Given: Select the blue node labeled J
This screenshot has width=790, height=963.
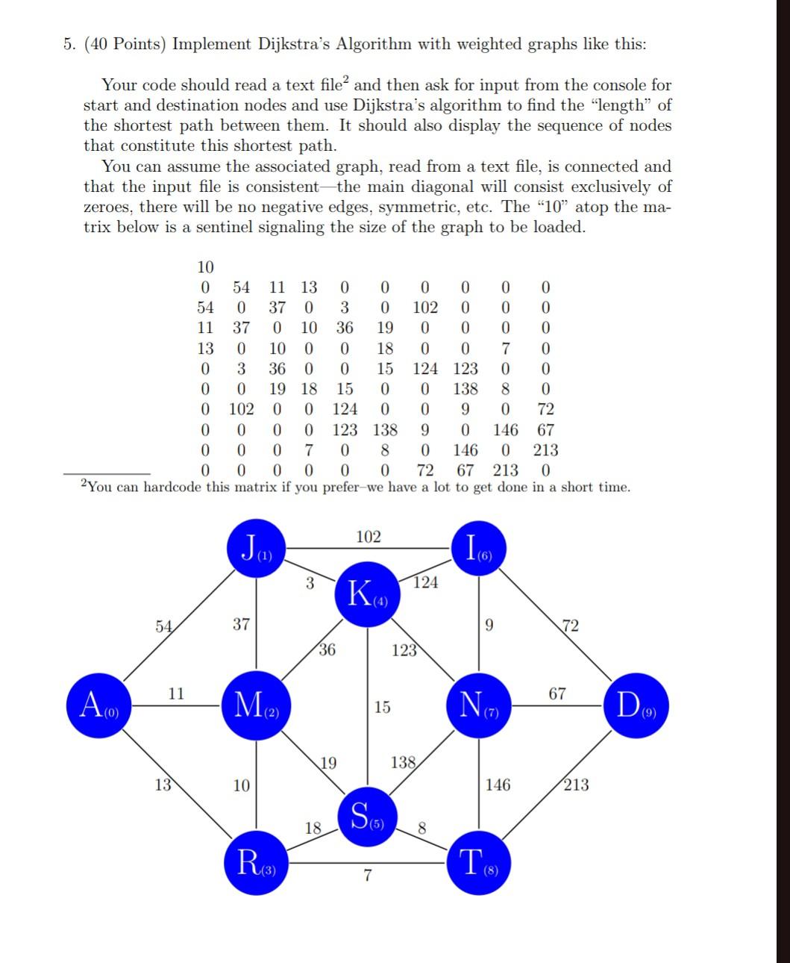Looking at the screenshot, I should point(256,551).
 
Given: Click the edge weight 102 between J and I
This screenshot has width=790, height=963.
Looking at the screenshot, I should point(368,537).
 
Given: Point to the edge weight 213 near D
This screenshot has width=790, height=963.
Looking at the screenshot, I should point(576,785).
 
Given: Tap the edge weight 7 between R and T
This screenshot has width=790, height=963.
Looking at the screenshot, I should point(367,876).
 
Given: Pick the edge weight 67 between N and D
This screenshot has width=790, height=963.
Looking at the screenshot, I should point(557,694).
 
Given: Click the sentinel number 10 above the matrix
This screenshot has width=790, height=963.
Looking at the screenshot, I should point(205,267).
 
